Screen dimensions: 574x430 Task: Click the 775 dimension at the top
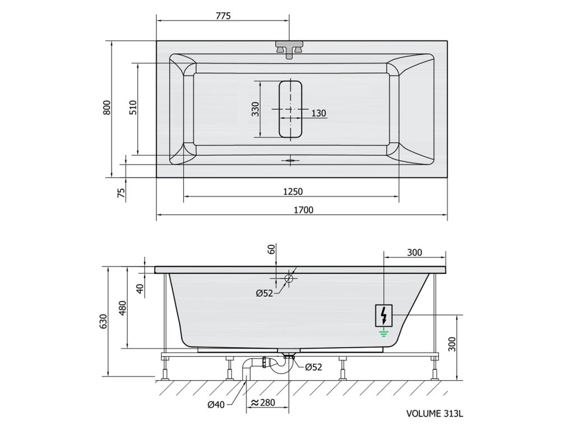[223, 16]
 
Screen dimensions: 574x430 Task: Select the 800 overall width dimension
[107, 107]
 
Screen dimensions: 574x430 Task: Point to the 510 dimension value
[133, 107]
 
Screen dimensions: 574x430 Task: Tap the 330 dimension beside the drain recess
[255, 109]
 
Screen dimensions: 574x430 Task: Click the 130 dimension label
[318, 113]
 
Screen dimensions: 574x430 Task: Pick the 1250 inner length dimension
[293, 191]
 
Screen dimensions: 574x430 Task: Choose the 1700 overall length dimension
[303, 210]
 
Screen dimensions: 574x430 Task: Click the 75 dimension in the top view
[121, 193]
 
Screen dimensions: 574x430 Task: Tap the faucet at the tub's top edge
[290, 49]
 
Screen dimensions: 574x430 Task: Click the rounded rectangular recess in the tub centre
[290, 109]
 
